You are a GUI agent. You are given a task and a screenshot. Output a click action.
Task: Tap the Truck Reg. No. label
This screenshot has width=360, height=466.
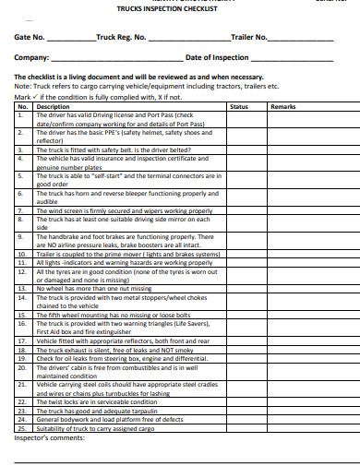click(121, 39)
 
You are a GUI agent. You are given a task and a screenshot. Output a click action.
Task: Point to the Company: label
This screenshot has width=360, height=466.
click(32, 58)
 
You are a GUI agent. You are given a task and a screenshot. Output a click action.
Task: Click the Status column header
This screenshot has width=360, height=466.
click(238, 107)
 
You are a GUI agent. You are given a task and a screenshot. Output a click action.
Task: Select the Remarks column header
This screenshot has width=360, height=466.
click(282, 107)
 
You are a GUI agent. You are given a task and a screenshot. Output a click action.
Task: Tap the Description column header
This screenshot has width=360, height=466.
click(53, 107)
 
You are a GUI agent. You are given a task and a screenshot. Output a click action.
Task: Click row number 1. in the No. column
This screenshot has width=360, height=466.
click(21, 115)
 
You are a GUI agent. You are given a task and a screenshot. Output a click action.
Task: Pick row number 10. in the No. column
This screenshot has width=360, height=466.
click(22, 252)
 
